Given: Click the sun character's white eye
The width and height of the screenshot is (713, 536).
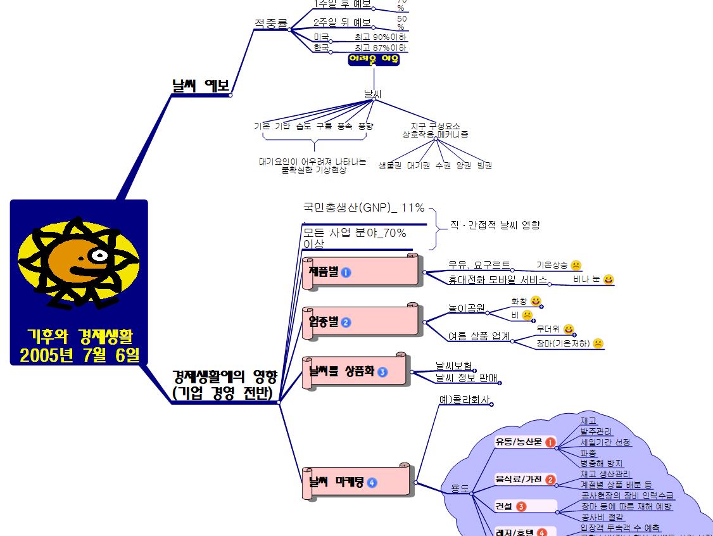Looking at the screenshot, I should [x=99, y=255].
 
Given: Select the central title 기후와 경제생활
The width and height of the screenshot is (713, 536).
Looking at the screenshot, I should [x=79, y=336].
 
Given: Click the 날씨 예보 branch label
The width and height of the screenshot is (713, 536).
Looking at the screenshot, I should [x=201, y=86].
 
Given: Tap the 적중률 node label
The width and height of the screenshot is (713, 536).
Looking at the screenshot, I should [x=271, y=23].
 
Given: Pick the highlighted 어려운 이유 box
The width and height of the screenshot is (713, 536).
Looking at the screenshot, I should [x=374, y=60].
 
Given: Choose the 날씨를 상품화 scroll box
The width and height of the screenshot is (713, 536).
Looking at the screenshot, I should [x=354, y=371].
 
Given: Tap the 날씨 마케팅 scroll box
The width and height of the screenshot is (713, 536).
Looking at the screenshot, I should [x=358, y=482].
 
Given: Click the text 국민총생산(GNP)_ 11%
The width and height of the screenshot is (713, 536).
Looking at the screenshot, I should [x=364, y=208].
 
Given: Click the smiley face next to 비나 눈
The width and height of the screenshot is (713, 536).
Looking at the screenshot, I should [x=609, y=279].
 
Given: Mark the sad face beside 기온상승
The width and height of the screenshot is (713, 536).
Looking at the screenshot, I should [x=576, y=265].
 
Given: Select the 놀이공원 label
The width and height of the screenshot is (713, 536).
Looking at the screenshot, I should [x=466, y=309].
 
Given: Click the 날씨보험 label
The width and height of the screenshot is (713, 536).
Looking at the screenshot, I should [x=453, y=366].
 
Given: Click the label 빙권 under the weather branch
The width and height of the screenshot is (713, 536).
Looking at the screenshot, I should [x=484, y=165].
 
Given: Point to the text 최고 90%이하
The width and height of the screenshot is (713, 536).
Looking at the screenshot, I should [x=381, y=37].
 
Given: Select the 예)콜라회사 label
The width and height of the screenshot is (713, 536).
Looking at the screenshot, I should [x=465, y=400].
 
